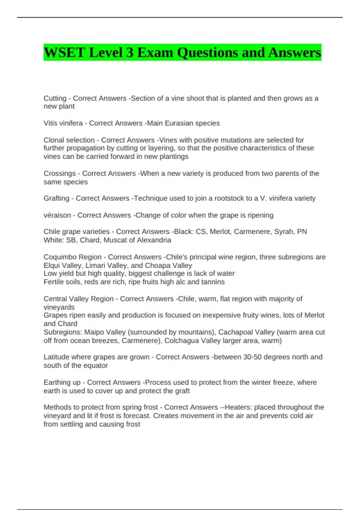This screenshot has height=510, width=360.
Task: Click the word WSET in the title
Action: pos(64,52)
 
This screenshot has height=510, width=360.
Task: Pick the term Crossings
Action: pos(59,173)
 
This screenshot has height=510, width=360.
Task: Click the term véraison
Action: pos(57,215)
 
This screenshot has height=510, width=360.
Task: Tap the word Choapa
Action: pos(157,265)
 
